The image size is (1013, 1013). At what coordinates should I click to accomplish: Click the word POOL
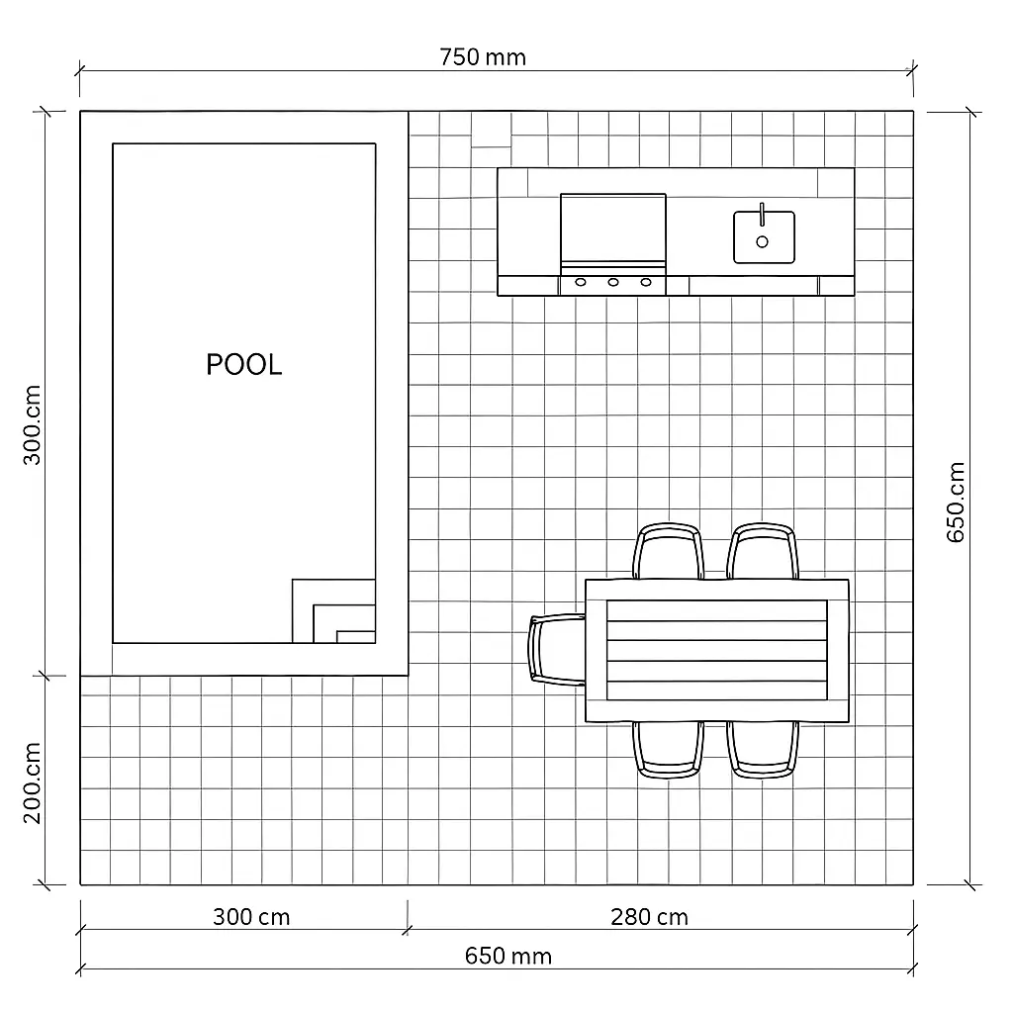tap(243, 364)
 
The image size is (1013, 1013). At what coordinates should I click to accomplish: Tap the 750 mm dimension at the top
tap(483, 56)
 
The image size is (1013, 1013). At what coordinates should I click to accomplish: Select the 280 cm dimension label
tap(649, 916)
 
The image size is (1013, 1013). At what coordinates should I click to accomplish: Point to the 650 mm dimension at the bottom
tap(507, 956)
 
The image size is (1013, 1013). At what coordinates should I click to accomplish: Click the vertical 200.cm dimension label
tap(32, 783)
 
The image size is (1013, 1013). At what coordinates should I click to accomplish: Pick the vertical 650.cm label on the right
tap(956, 502)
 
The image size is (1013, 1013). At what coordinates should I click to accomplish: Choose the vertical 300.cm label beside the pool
tap(32, 425)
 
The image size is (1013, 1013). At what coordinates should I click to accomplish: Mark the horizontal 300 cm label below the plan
tap(251, 916)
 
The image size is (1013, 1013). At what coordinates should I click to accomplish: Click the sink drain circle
tap(762, 241)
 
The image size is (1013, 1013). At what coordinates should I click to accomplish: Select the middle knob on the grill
tap(613, 283)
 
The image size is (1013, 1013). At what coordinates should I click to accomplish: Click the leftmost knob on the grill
tap(581, 283)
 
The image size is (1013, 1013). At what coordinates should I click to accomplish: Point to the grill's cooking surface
tap(613, 228)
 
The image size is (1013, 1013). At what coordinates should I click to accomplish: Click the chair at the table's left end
tap(557, 649)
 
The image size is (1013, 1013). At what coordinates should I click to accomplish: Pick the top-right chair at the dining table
tap(763, 551)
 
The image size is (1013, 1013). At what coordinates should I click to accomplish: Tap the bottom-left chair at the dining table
tap(670, 749)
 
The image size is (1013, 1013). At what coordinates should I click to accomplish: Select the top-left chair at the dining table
tap(669, 551)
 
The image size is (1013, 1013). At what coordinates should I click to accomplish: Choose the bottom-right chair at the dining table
tap(763, 749)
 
